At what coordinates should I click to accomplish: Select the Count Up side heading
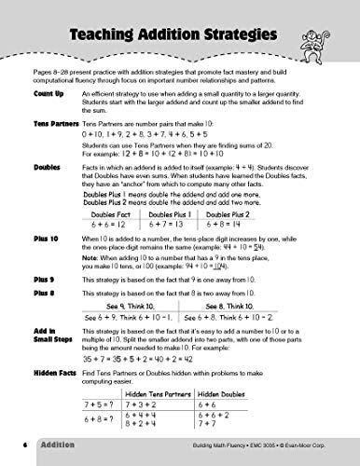coord(46,95)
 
